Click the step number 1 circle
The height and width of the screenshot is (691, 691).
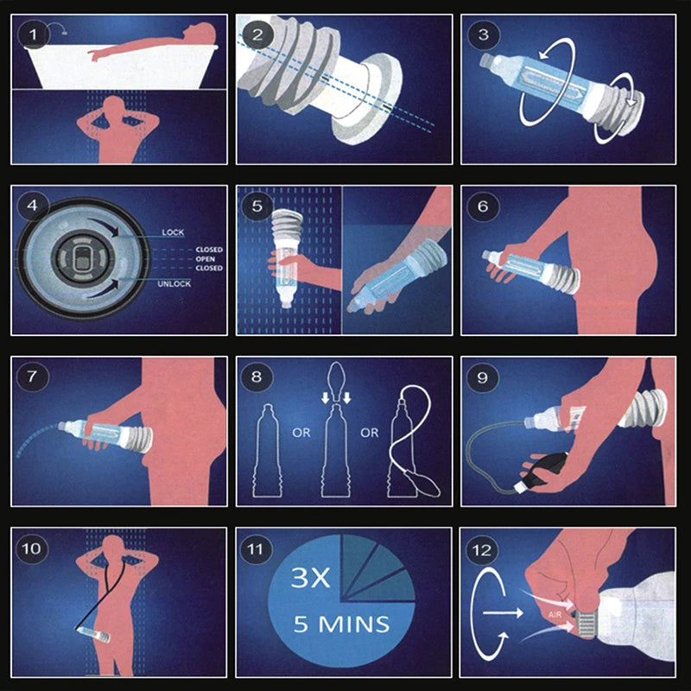35,35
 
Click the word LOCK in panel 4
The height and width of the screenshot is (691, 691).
173,232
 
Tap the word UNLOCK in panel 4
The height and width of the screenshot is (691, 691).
175,283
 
